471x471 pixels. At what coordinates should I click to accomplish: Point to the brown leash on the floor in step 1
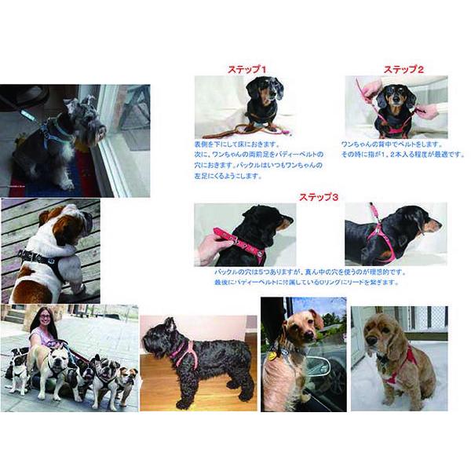[235, 130]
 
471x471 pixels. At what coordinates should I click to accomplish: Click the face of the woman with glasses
[43, 320]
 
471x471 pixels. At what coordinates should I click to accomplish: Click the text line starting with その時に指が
[390, 155]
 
